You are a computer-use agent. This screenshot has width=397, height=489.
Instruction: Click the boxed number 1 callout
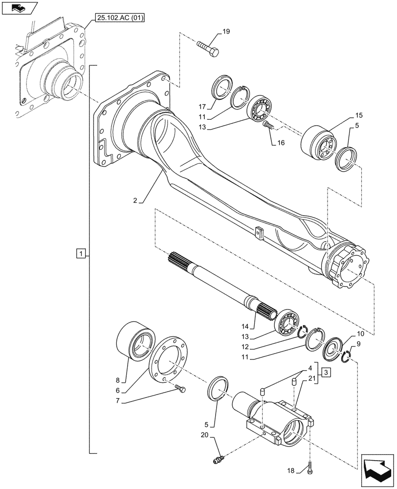click(x=81, y=253)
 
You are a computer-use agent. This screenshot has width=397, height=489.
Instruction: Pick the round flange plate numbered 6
click(x=169, y=358)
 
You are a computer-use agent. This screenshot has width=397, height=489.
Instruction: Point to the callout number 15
click(x=359, y=115)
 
